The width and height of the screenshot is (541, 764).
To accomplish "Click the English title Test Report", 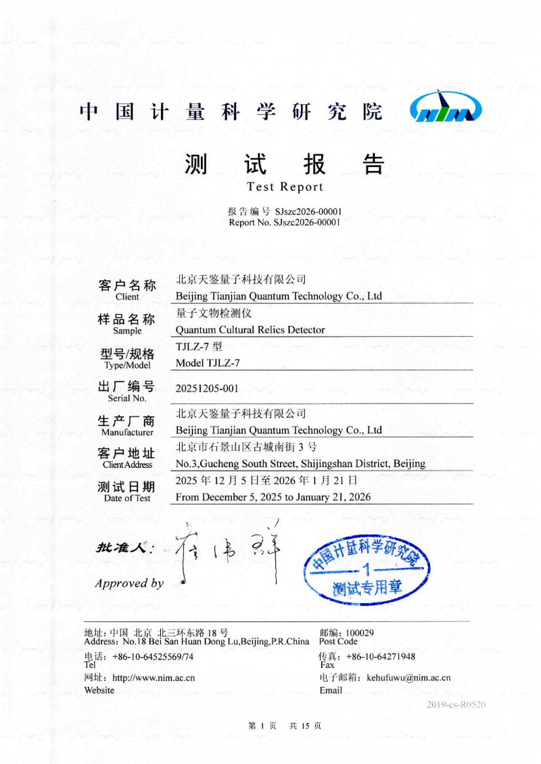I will [x=285, y=187].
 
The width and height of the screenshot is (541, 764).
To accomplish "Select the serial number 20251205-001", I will [x=207, y=389].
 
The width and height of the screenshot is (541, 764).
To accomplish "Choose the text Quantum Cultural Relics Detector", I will [x=250, y=330].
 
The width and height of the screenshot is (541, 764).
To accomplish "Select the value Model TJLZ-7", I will [x=208, y=363].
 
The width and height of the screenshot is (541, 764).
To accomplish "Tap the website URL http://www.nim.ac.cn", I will [x=154, y=677].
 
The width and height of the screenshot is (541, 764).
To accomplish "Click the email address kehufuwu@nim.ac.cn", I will [x=408, y=677].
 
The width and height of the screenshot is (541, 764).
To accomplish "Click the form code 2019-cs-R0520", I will [x=456, y=705].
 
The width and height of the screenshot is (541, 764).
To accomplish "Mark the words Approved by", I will [x=129, y=583].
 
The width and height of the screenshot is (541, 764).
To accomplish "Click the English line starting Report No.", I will [x=284, y=222].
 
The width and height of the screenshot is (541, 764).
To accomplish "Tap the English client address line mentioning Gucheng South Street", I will [x=300, y=464].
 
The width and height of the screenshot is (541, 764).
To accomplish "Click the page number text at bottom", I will [x=285, y=725].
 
